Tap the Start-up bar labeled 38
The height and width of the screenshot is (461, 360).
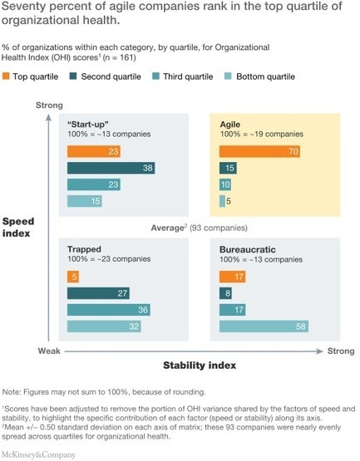[x=111, y=168]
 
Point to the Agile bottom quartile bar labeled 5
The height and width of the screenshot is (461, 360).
[x=222, y=201]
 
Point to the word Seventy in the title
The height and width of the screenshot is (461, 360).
[x=27, y=7]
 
